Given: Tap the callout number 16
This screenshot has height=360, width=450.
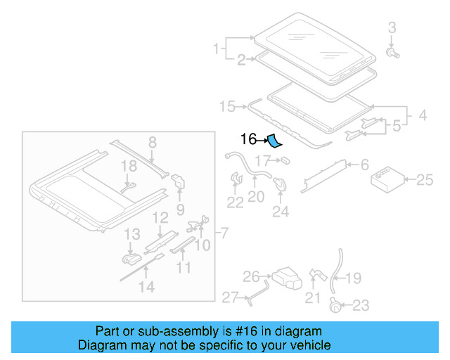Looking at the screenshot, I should [248, 139].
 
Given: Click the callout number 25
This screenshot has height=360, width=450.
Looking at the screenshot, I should [425, 180].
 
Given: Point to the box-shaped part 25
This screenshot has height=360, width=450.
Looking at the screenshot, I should [386, 178].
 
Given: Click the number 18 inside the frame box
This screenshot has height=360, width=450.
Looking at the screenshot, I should [128, 166].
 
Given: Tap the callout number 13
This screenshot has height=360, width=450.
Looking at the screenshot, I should [132, 233].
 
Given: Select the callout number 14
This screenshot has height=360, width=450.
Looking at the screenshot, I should [146, 286].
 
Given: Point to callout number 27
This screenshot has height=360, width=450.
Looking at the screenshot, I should [231, 297].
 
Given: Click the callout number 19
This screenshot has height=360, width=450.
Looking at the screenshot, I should [353, 278].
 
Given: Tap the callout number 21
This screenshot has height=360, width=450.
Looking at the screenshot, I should [312, 298].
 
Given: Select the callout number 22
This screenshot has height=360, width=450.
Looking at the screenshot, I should [235, 202].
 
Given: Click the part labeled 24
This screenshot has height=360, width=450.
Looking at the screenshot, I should [281, 184].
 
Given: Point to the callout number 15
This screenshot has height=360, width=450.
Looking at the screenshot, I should [227, 106].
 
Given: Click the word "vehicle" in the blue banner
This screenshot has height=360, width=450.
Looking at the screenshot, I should [304, 345].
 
